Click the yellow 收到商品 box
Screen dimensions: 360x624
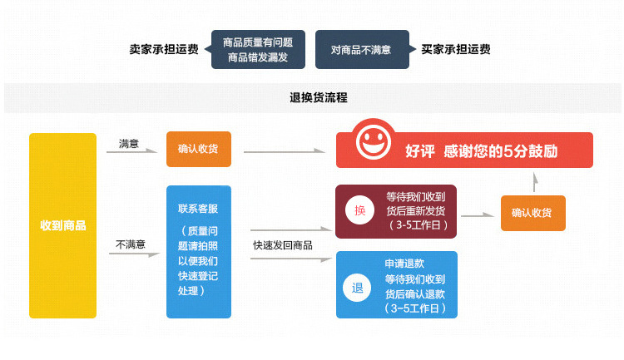click(x=62, y=225)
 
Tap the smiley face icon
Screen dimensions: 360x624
click(x=375, y=142)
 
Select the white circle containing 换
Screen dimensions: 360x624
click(x=359, y=211)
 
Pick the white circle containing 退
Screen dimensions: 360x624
click(x=359, y=288)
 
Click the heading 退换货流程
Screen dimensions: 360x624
click(x=312, y=98)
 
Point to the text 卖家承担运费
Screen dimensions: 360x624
click(x=163, y=49)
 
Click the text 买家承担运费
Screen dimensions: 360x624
click(x=456, y=49)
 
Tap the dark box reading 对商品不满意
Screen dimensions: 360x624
click(x=361, y=50)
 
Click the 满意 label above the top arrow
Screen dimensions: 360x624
click(x=129, y=144)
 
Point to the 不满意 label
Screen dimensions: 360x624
click(x=131, y=244)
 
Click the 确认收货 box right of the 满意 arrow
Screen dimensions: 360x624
click(x=198, y=150)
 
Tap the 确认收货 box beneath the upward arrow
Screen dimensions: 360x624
click(x=532, y=213)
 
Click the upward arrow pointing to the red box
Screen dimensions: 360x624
click(x=535, y=182)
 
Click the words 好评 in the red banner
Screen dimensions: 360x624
click(x=420, y=151)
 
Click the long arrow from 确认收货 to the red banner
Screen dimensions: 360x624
click(x=284, y=151)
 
